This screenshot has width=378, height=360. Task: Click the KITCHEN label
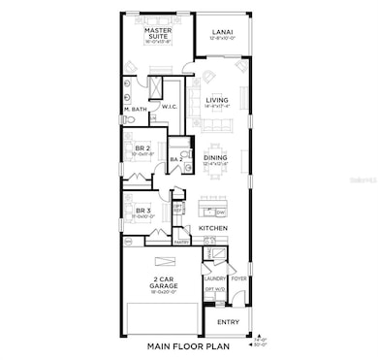click(x=213, y=228)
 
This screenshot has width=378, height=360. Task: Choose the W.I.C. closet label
click(x=169, y=107)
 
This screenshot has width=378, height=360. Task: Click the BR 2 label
click(x=142, y=150)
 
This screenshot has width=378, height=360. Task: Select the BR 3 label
click(x=142, y=212)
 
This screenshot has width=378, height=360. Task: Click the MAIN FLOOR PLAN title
click(x=184, y=346)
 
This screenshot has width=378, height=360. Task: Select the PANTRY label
click(x=180, y=243)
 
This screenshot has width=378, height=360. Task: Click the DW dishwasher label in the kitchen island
click(x=221, y=213)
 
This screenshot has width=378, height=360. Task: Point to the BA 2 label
click(x=175, y=160)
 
